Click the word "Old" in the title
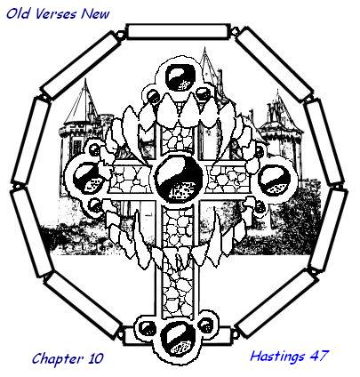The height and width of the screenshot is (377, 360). [18, 13]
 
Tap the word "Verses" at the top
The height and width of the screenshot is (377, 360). [56, 14]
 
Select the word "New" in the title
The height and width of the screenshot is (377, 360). [96, 14]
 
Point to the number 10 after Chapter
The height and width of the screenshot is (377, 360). [95, 358]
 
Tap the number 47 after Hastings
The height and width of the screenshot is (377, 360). [319, 356]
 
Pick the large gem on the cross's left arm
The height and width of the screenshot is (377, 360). [87, 178]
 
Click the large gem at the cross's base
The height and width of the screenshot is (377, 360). [177, 339]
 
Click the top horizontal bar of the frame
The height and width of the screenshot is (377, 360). [178, 31]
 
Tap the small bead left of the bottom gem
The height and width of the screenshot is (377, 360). [147, 328]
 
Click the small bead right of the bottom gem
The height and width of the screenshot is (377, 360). [206, 325]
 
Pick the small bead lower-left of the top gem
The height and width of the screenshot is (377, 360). [154, 96]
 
